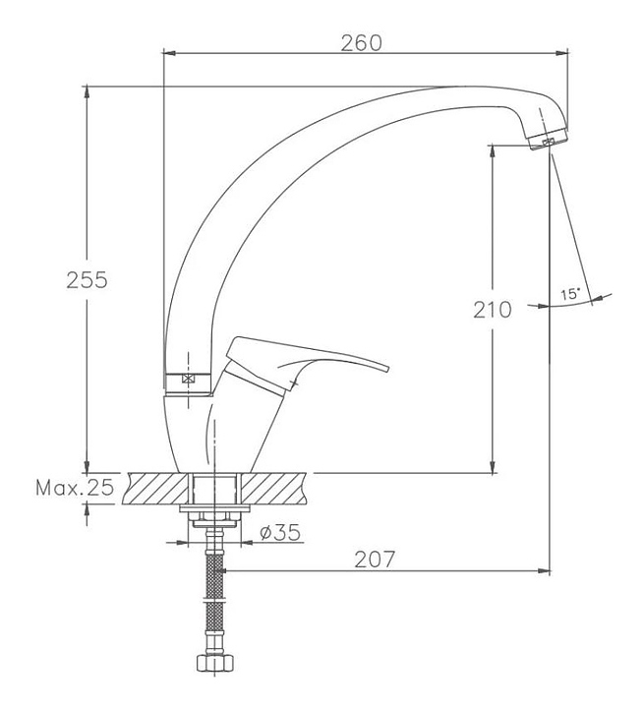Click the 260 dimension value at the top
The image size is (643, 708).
(x=361, y=43)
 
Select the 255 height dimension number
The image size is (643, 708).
(x=87, y=280)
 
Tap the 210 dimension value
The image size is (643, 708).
(x=493, y=310)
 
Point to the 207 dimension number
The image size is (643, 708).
(x=375, y=559)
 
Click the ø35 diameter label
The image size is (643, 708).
(x=280, y=532)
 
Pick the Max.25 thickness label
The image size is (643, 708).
(x=75, y=488)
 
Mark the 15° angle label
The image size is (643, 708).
(x=570, y=294)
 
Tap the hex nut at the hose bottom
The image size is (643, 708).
(x=215, y=664)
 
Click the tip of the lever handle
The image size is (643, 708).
(x=387, y=368)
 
